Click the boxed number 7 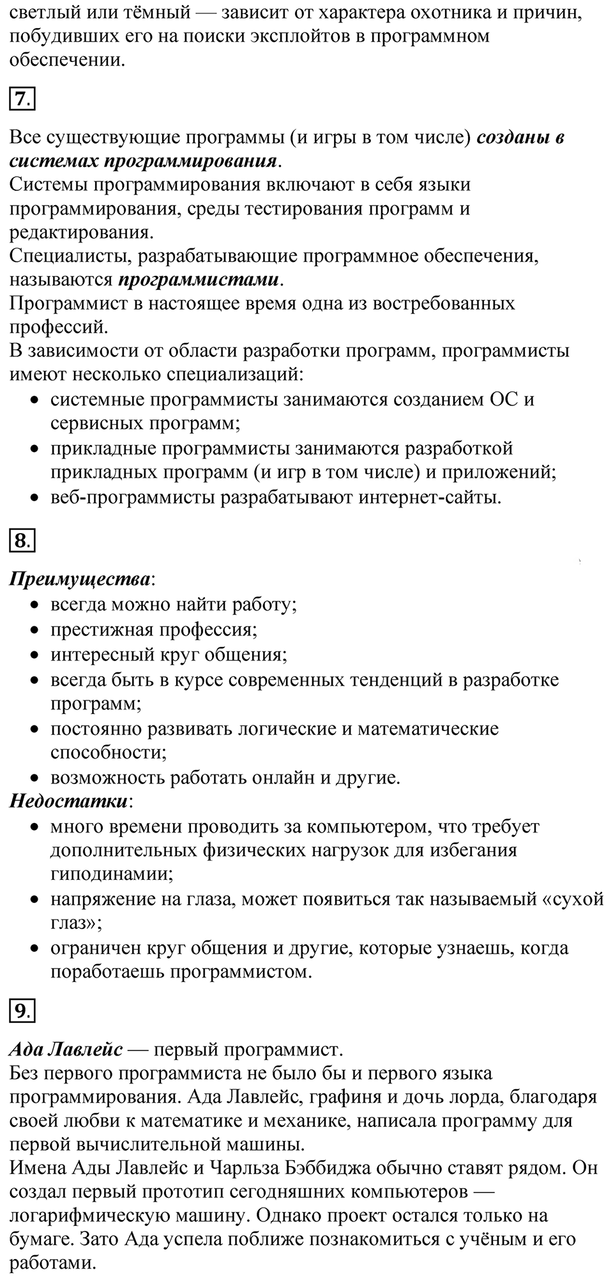[x=22, y=99]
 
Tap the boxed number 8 [x=22, y=541]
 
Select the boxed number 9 [x=22, y=1011]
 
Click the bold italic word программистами [x=199, y=280]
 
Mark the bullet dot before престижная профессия [x=36, y=631]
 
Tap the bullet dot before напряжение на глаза [x=36, y=900]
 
